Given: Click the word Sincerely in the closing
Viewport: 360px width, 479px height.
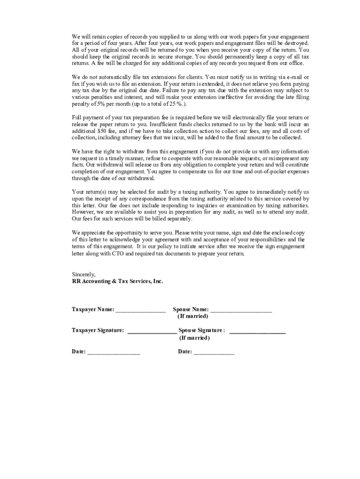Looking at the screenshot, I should [x=83, y=274].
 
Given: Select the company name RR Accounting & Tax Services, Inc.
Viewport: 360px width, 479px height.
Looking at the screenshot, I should [x=117, y=281].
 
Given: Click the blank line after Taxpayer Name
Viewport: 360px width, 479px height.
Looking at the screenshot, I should [x=140, y=310].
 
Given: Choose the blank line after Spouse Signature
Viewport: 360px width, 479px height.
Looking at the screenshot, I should [x=257, y=331].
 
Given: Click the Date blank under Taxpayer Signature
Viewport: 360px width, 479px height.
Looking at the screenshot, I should [x=113, y=353].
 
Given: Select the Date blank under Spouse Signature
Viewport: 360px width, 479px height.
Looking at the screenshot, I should [x=214, y=353].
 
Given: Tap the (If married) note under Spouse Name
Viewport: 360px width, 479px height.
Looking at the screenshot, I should [x=193, y=317].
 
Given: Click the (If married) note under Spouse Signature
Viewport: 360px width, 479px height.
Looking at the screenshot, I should [x=194, y=338].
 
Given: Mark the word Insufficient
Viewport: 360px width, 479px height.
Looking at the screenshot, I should [x=163, y=124].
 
